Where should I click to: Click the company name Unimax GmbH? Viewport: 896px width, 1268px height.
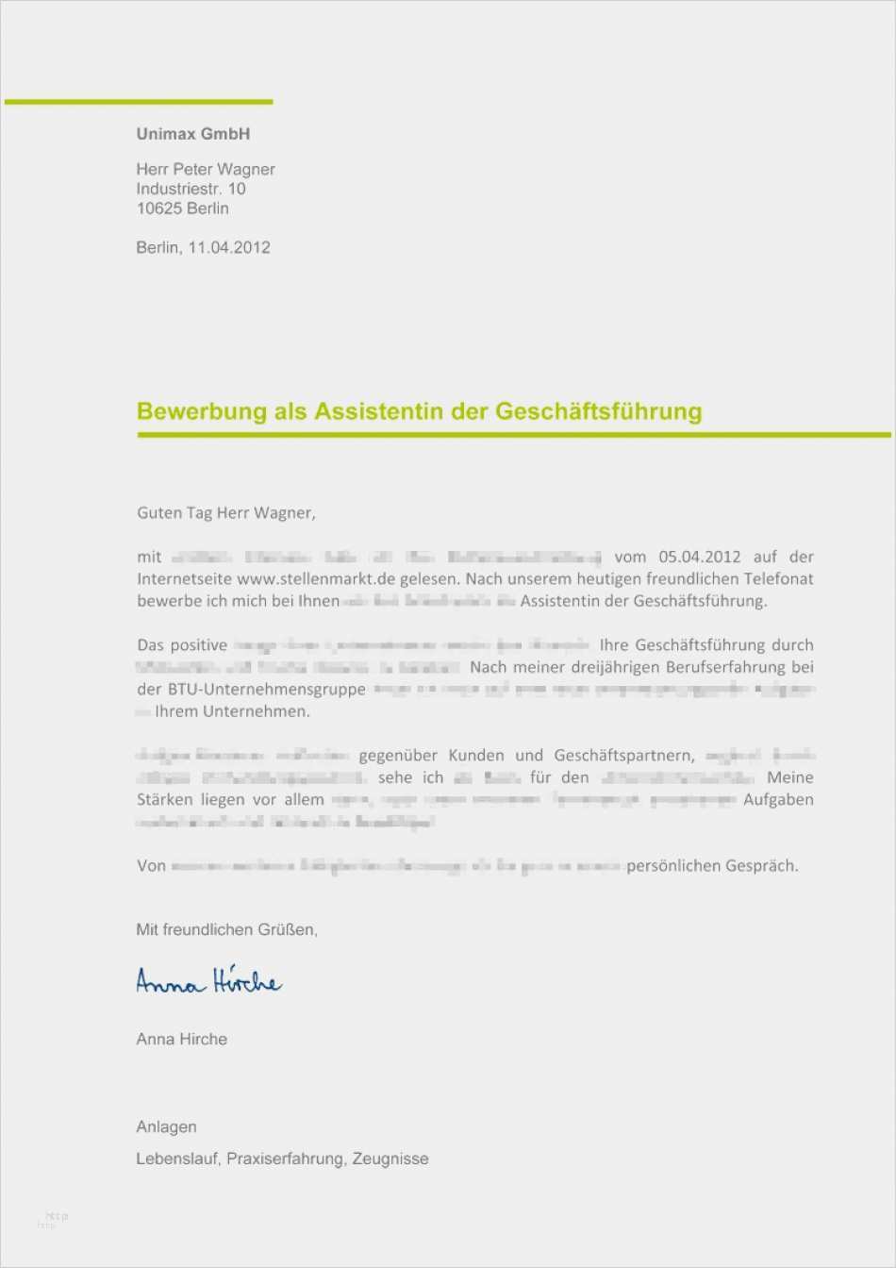coord(192,134)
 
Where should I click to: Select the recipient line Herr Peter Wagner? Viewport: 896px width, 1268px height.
coord(206,170)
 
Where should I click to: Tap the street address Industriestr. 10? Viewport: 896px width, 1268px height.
coord(191,189)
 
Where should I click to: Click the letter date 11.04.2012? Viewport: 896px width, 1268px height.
coord(229,247)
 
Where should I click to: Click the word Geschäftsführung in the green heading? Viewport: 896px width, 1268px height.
coord(598,411)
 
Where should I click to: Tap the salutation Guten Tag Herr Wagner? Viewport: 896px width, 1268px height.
coord(225,513)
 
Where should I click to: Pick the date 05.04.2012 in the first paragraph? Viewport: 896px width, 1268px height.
coord(699,557)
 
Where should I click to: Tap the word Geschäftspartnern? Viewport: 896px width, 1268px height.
coord(624,756)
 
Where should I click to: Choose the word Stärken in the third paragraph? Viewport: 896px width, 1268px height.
coord(165,800)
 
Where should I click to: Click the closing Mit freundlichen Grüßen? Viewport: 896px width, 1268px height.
coord(226,929)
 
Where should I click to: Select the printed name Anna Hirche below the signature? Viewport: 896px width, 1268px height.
coord(181,1039)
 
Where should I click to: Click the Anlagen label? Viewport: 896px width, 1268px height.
coord(166,1126)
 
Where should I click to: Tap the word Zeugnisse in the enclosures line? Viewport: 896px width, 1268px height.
coord(390,1159)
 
